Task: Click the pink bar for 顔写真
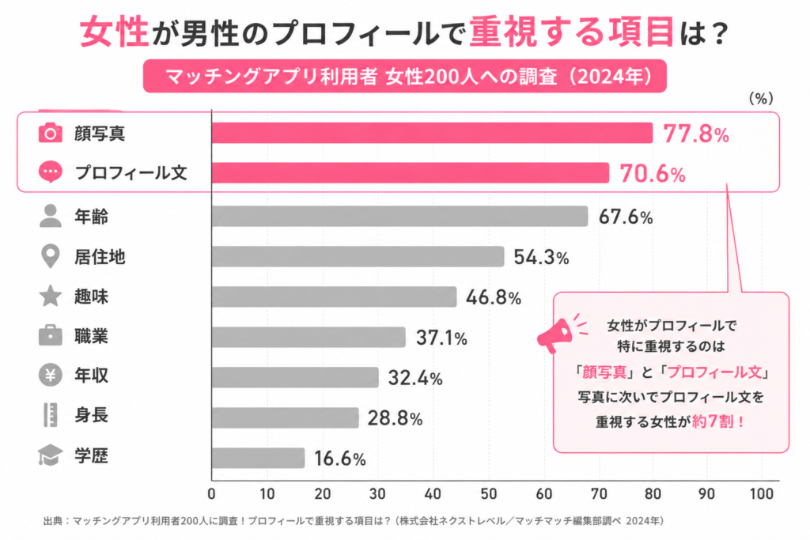pyautogui.click(x=432, y=133)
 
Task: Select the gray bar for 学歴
pyautogui.click(x=259, y=458)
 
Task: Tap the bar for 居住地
pyautogui.click(x=358, y=257)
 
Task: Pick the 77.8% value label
pyautogui.click(x=696, y=134)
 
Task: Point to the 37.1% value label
pyautogui.click(x=441, y=338)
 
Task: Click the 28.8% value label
pyautogui.click(x=395, y=418)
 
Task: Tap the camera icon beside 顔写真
pyautogui.click(x=50, y=133)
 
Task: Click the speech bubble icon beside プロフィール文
pyautogui.click(x=50, y=172)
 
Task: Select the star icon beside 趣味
pyautogui.click(x=50, y=296)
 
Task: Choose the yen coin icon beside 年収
pyautogui.click(x=50, y=376)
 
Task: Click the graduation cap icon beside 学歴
pyautogui.click(x=50, y=455)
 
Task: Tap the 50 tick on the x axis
pyautogui.click(x=488, y=494)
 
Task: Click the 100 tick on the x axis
pyautogui.click(x=762, y=494)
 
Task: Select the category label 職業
pyautogui.click(x=92, y=336)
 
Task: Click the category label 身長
pyautogui.click(x=92, y=415)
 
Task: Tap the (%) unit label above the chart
pyautogui.click(x=761, y=99)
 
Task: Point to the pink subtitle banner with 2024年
pyautogui.click(x=404, y=77)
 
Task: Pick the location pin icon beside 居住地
pyautogui.click(x=50, y=257)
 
